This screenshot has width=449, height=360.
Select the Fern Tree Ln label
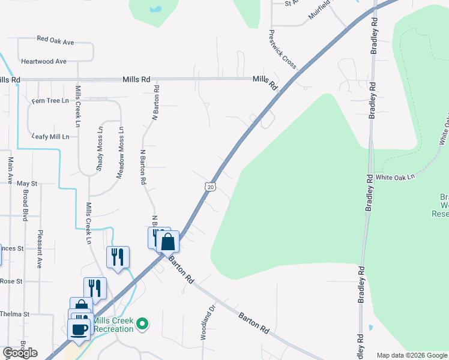click(x=50, y=101)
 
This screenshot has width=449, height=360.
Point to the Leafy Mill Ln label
click(x=50, y=137)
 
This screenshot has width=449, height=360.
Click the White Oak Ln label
click(x=395, y=178)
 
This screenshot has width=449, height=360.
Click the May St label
click(x=27, y=183)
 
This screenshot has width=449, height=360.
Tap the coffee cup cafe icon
click(x=79, y=328)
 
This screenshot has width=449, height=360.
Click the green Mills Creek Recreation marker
click(x=142, y=325)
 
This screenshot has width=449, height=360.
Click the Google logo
click(x=20, y=353)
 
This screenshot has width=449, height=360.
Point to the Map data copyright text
click(x=411, y=355)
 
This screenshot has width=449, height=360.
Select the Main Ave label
click(x=10, y=170)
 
